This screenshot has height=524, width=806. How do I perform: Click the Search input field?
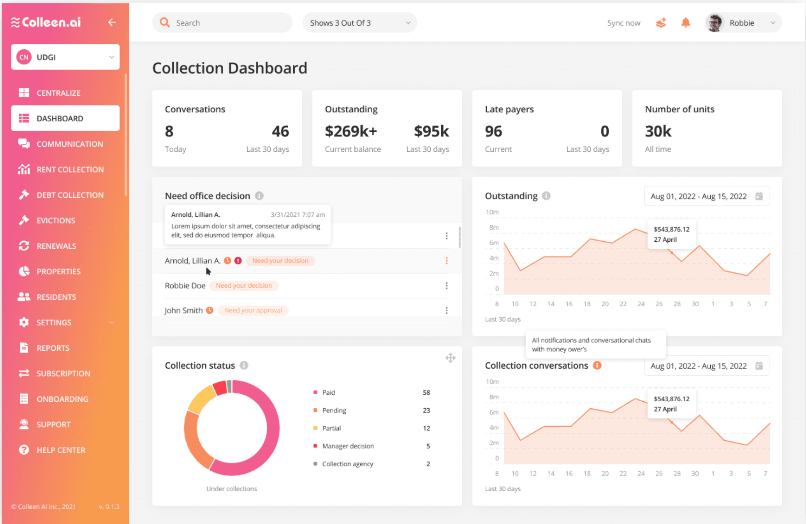(x=228, y=23)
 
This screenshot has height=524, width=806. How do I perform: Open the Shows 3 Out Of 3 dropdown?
(x=359, y=23)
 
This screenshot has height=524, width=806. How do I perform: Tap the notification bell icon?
(x=686, y=23)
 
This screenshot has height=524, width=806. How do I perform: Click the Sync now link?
(x=624, y=23)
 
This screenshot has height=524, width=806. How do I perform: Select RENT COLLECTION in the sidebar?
(x=70, y=170)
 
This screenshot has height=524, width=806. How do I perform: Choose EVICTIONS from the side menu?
(x=56, y=221)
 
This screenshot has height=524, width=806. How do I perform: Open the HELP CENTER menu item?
(x=61, y=450)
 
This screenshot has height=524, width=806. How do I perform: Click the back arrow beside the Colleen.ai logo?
(x=112, y=22)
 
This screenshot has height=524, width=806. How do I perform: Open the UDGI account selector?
(x=66, y=57)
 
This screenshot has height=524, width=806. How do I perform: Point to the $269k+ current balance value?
(x=351, y=131)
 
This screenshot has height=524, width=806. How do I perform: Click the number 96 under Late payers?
(x=493, y=131)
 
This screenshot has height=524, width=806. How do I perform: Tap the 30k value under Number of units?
(x=658, y=131)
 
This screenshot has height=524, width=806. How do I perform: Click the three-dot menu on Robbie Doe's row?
(x=447, y=286)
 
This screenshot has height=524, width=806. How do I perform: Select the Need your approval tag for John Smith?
(x=253, y=311)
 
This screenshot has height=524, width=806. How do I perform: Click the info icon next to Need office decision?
(x=259, y=196)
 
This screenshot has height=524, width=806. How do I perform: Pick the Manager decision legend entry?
(x=348, y=446)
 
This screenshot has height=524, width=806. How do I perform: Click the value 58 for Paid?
(x=426, y=393)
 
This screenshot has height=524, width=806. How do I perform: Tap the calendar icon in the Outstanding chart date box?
(x=759, y=196)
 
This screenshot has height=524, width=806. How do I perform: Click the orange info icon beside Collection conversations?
(x=597, y=365)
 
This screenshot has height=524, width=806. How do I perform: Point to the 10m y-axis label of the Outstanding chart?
(x=492, y=212)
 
